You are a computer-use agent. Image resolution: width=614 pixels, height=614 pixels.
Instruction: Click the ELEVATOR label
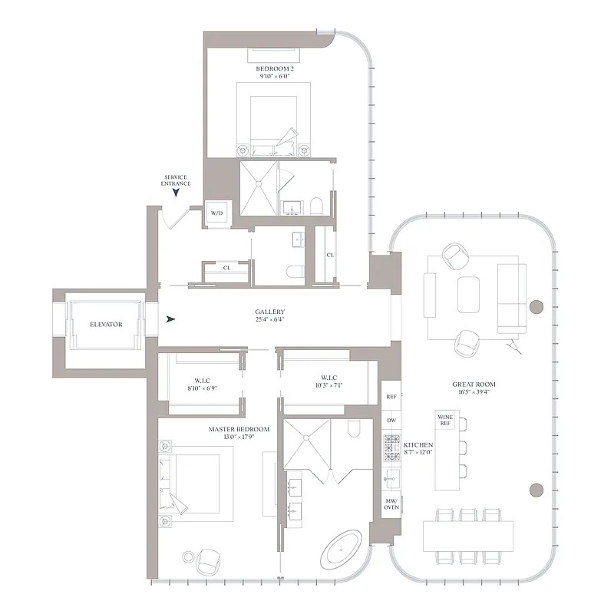click(x=106, y=325)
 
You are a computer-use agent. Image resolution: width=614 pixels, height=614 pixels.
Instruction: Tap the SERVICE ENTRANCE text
click(x=176, y=181)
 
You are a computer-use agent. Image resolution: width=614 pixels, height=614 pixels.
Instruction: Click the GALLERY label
click(x=270, y=312)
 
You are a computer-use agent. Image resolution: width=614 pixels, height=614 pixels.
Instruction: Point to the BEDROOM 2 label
click(x=275, y=69)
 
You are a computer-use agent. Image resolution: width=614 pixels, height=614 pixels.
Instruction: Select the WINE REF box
click(x=446, y=420)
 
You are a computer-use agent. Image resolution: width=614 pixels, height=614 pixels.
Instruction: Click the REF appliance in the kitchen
click(x=391, y=398)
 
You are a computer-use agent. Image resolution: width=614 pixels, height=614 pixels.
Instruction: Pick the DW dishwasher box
click(x=391, y=421)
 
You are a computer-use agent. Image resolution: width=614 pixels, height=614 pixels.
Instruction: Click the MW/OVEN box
click(x=391, y=504)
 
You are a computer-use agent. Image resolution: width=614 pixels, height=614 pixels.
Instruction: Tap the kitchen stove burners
click(x=391, y=447)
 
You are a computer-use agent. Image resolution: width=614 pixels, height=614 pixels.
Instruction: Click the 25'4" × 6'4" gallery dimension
click(x=270, y=319)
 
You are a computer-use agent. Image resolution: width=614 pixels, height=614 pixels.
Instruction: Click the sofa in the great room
click(x=511, y=295)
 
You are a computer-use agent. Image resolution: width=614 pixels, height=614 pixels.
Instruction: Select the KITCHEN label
click(x=419, y=445)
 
